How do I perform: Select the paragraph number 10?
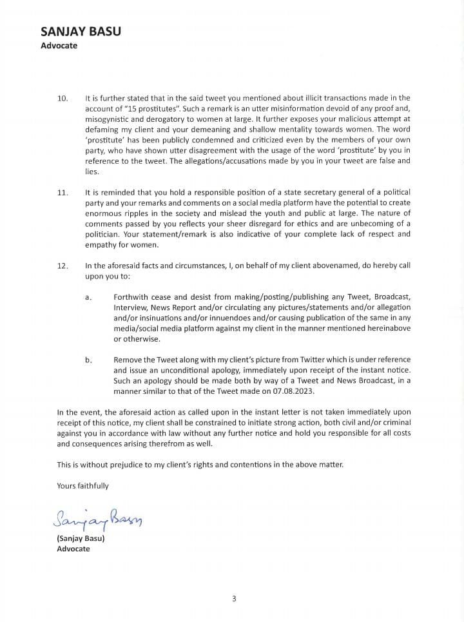coord(63,99)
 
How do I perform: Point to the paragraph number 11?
coord(63,193)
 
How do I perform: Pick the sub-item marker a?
coord(88,297)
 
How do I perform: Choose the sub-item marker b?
coord(88,360)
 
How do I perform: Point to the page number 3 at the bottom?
coord(234,598)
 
